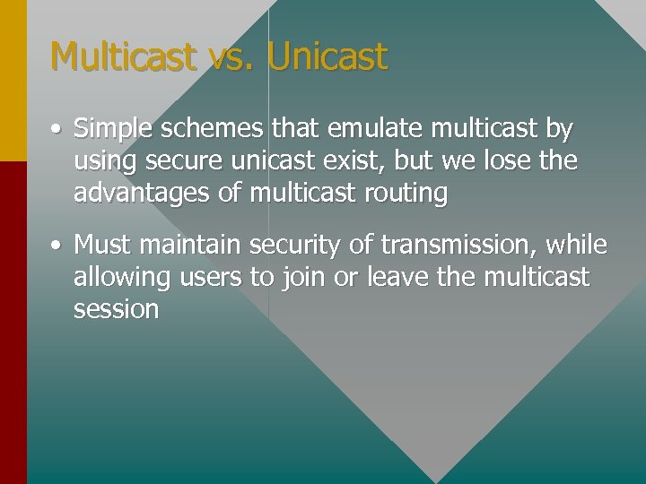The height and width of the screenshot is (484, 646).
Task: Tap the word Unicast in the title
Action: [x=327, y=56]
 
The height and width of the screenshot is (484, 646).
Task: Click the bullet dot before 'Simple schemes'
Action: [x=57, y=130]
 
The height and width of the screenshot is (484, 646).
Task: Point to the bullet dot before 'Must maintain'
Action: [x=57, y=245]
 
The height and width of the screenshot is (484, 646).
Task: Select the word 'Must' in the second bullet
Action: [x=101, y=244]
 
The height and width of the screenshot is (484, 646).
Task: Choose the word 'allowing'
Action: [x=121, y=277]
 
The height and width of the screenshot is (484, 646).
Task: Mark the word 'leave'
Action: [x=395, y=276]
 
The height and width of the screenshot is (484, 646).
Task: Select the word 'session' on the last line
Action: [x=116, y=309]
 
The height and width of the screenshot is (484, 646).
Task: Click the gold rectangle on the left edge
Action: [x=13, y=81]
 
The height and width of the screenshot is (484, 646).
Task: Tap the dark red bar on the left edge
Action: [x=13, y=323]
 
